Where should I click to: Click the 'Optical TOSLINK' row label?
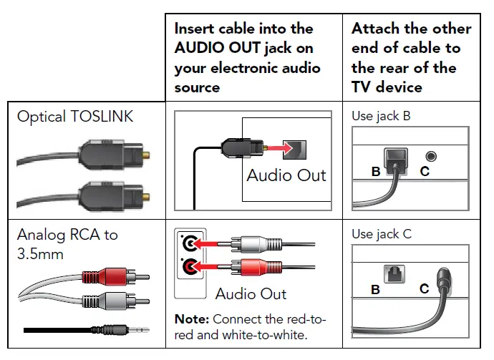[75, 116]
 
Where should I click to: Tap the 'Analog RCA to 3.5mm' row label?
[67, 243]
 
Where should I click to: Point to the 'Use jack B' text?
[381, 115]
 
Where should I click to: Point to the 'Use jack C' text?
[381, 234]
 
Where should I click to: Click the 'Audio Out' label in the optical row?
[286, 175]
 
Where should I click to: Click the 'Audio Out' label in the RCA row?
[251, 293]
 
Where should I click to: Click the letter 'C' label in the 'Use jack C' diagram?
[425, 289]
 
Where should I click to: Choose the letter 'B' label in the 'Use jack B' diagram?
[376, 172]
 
